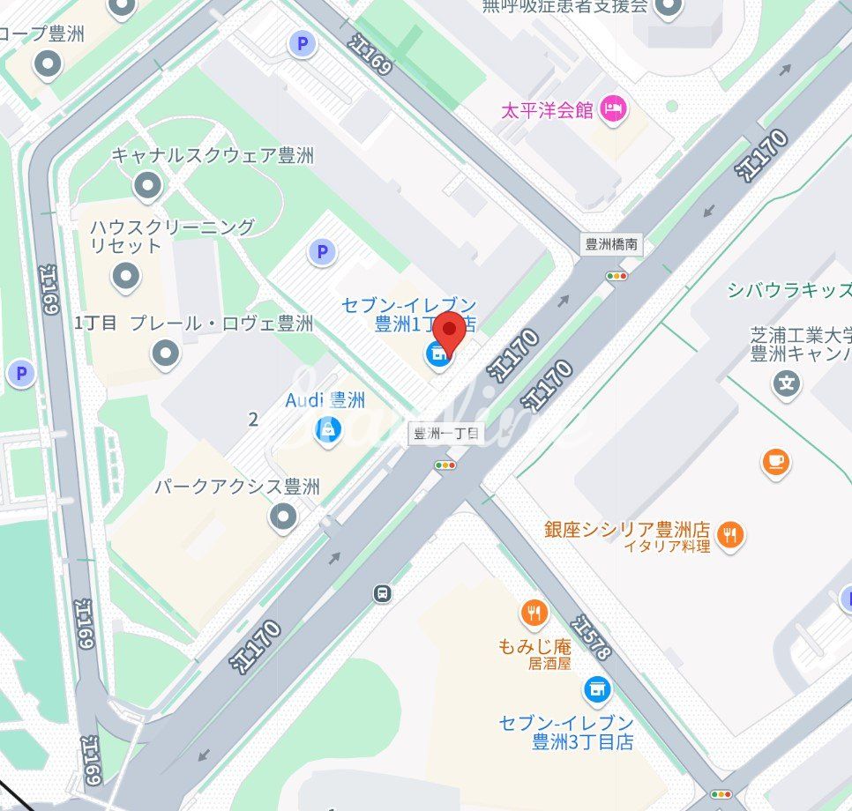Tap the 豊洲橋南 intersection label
coord(613,245)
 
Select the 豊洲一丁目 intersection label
coord(446,434)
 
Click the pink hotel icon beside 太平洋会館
coord(612,109)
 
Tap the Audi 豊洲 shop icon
coord(328,432)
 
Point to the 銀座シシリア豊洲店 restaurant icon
coord(730,534)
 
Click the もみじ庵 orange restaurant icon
coord(534,612)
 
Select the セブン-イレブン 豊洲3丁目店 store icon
coord(597,688)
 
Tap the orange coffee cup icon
coord(775,461)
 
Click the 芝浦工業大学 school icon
coord(786,383)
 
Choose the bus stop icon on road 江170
coord(382,592)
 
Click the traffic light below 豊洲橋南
coord(617,276)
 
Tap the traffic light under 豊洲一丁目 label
coord(446,465)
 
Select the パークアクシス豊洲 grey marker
coord(283,517)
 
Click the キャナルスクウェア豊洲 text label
coord(213,156)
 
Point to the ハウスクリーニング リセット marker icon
coord(126,277)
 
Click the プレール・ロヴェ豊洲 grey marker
coord(165,354)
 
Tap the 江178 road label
coord(590,637)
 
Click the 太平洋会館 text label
coord(547,111)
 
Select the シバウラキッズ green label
coord(788,291)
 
